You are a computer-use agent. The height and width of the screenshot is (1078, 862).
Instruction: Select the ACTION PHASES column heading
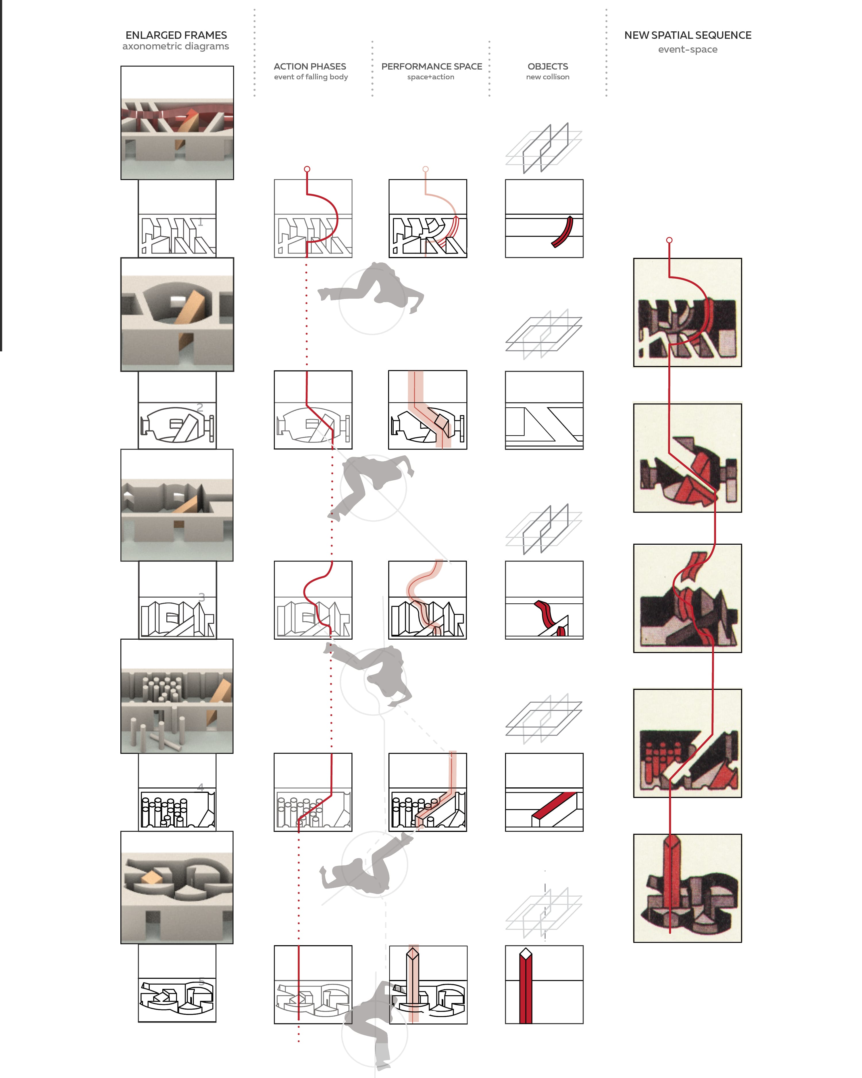pos(310,66)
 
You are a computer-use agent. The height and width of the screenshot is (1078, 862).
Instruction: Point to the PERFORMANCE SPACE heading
pos(432,66)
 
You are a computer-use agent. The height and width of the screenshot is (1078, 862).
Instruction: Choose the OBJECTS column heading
pos(548,66)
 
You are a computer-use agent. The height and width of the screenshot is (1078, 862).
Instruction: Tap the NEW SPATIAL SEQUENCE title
pos(688,35)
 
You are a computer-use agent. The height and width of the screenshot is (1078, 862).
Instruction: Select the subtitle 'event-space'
pos(688,49)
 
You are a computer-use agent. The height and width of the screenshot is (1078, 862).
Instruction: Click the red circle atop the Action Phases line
pos(307,169)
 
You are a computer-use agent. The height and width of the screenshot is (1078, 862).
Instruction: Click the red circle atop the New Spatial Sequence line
pos(669,240)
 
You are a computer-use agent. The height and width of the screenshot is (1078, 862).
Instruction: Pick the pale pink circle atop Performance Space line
pos(425,169)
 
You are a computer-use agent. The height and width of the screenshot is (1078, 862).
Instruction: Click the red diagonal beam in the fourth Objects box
pos(555,805)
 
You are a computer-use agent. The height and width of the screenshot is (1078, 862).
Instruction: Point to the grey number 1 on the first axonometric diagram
pos(200,222)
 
